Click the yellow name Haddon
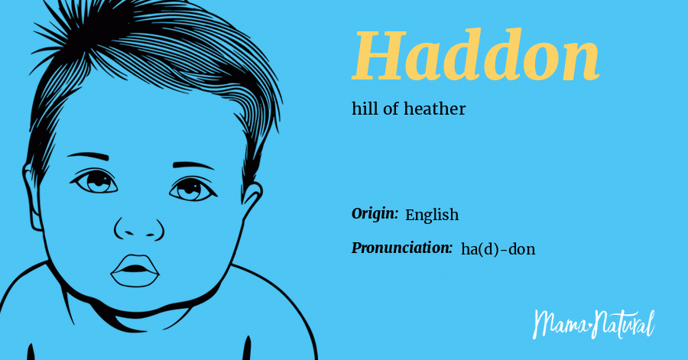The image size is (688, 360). coord(475,57)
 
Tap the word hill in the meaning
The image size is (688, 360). coord(364,109)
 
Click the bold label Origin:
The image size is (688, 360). coord(375,214)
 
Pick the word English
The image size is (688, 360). coord(432,215)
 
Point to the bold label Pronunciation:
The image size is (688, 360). coord(402,248)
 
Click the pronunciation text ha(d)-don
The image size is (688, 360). coord(498,248)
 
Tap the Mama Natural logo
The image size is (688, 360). coord(593,323)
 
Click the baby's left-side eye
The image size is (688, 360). coord(96,182)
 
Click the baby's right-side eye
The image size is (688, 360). coord(188,188)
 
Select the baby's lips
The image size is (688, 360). coord(135,270)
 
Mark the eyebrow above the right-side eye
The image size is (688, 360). coord(193,165)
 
